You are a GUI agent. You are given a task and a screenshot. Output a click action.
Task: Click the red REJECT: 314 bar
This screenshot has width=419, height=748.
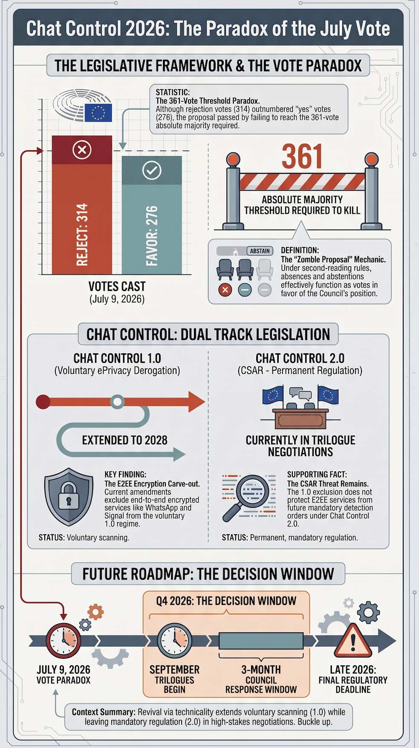[82, 205]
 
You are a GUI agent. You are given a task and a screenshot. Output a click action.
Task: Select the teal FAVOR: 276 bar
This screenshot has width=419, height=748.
[152, 215]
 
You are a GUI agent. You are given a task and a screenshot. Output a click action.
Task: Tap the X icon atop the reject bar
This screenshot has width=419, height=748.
[82, 150]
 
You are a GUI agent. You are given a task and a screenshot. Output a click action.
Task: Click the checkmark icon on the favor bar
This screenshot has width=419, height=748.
[152, 170]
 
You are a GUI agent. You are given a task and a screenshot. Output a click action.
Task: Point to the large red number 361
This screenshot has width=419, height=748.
[302, 157]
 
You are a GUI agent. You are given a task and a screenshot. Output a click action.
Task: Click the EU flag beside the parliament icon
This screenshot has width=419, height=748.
[98, 113]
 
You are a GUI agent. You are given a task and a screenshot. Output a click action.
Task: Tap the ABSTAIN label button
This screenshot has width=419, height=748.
[260, 251]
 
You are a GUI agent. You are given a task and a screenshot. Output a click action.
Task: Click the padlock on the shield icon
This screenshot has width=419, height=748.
[69, 496]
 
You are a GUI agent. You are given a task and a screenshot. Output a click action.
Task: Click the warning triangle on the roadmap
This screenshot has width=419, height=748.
[353, 641]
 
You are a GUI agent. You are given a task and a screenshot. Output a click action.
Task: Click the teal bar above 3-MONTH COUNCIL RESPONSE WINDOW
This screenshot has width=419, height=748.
[261, 641]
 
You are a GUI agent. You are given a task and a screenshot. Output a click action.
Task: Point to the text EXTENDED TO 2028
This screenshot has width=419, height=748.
[124, 440]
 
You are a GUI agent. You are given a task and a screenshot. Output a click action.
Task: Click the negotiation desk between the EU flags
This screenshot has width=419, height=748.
[301, 418]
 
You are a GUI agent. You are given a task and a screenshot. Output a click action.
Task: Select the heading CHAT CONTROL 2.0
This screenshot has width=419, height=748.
[300, 358]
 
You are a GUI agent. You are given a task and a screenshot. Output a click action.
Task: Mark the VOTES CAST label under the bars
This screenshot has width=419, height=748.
[117, 286]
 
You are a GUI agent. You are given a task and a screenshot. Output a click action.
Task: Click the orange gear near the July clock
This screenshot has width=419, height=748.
[95, 612]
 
